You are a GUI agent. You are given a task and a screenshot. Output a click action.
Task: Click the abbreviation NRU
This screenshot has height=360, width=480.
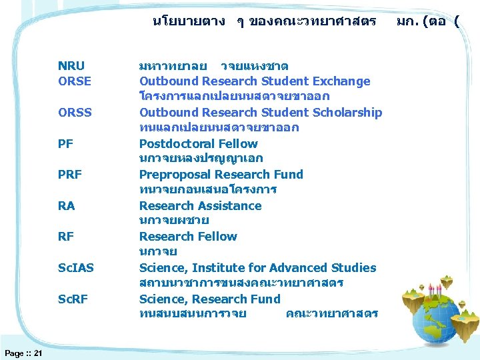pos(71,65)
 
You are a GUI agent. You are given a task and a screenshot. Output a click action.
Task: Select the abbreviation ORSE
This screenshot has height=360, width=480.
pos(75,81)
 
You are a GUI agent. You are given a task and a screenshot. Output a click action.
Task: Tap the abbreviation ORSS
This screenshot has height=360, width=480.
pos(75,112)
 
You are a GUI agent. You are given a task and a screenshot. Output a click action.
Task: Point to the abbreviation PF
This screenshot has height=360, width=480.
pos(66,143)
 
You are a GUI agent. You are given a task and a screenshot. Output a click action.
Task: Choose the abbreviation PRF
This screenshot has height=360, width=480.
pos(70,175)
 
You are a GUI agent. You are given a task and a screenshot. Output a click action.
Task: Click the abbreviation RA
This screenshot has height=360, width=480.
pos(67,206)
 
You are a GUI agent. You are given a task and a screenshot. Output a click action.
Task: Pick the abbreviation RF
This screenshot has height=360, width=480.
pos(66,237)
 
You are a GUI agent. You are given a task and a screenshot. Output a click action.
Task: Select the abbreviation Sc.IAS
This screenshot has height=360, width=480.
pos(76,268)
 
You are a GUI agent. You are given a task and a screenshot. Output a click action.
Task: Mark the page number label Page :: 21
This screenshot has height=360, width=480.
pos(23,353)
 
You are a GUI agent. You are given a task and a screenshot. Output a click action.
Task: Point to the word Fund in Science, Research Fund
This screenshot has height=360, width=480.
pos(266,299)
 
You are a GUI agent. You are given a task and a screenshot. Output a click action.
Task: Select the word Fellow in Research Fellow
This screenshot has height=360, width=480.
pos(217,237)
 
